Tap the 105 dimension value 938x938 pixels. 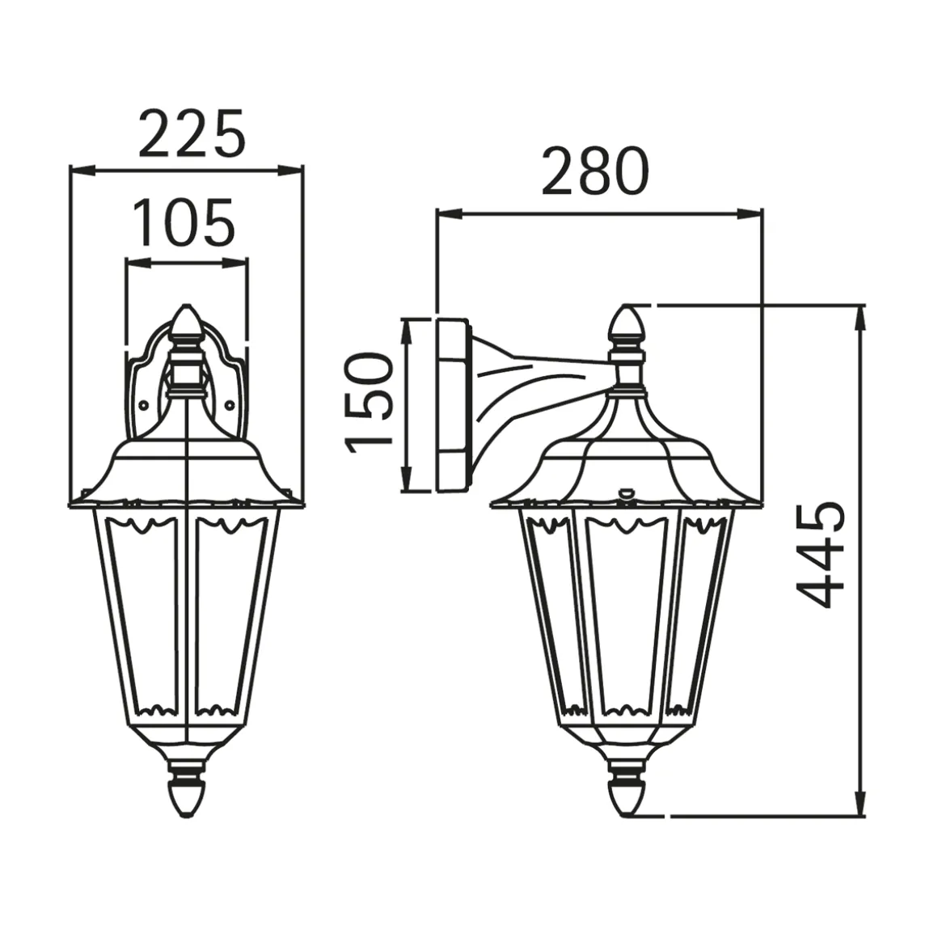[184, 222]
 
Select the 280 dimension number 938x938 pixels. [594, 171]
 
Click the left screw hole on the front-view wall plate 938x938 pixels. [144, 406]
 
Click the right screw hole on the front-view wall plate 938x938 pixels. [230, 406]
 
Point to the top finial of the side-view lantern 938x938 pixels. [627, 324]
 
